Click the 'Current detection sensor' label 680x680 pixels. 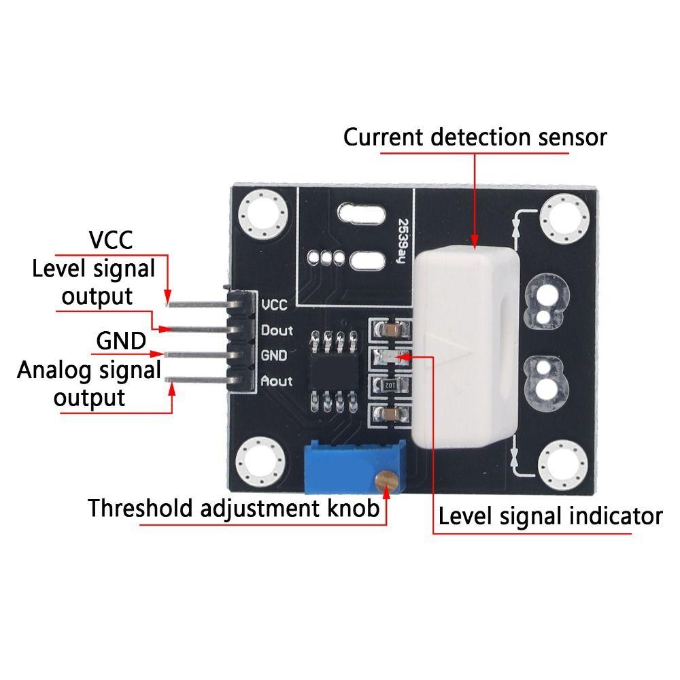[475, 137]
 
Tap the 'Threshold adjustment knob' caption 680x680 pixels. [234, 508]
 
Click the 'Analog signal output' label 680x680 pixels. [89, 384]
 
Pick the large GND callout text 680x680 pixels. [122, 340]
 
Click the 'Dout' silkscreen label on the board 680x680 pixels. [277, 330]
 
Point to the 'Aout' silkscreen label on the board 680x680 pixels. [277, 381]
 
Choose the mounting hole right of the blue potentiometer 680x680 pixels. [562, 464]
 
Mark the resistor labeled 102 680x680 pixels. [390, 385]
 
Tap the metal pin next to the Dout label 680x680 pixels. [197, 329]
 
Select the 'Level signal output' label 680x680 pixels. [94, 282]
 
